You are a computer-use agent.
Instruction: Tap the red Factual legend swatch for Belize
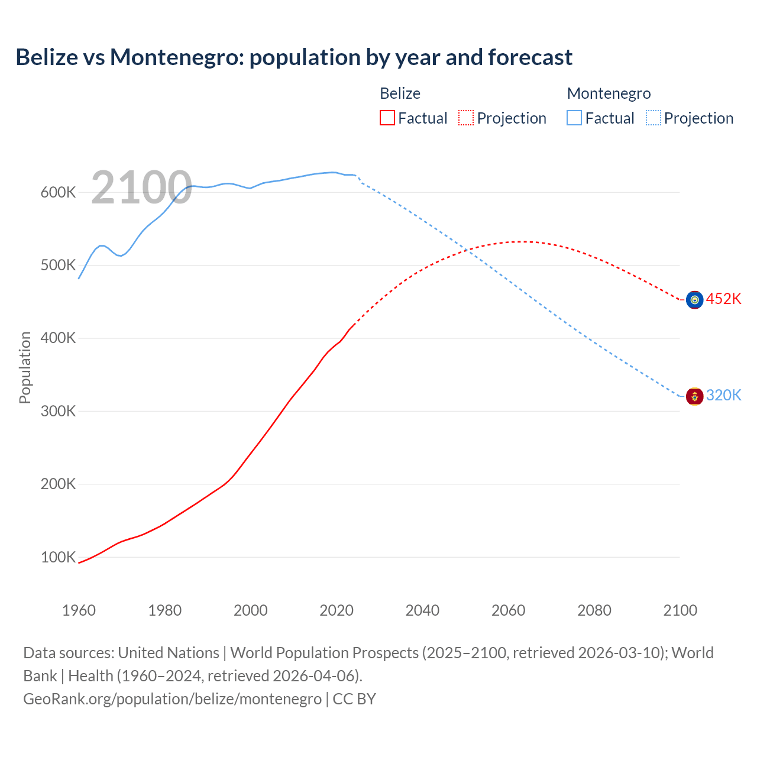click(387, 118)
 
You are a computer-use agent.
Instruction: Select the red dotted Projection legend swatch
click(466, 118)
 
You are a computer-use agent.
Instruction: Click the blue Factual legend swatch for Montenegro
click(574, 118)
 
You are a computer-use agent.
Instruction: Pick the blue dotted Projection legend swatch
click(653, 118)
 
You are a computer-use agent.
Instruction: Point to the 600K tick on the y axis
click(58, 192)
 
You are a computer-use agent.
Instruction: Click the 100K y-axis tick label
click(58, 557)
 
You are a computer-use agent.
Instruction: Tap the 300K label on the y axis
click(58, 411)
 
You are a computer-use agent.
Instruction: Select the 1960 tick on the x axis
click(79, 610)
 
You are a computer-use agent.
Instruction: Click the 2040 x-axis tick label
click(422, 610)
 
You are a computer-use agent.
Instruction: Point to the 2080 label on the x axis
click(594, 610)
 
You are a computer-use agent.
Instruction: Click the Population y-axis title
click(25, 367)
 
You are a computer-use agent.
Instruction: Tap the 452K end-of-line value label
click(723, 299)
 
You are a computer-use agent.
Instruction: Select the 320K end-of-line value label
click(723, 395)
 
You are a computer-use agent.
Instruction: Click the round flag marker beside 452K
click(694, 300)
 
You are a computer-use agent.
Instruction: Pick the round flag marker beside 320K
click(694, 396)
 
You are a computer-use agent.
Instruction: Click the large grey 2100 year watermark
click(141, 187)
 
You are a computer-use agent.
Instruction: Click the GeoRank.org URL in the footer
click(172, 698)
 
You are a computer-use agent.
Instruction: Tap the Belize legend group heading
click(400, 93)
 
